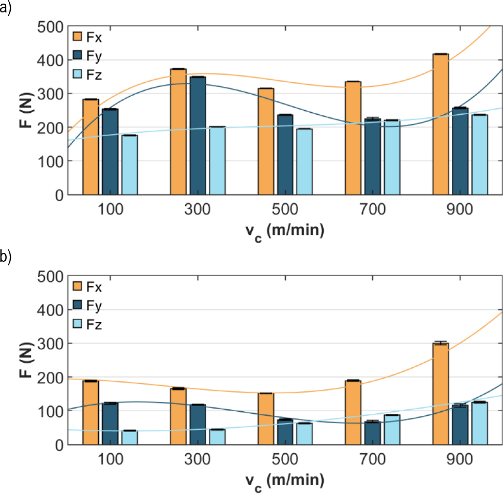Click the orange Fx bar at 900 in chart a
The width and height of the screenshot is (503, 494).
click(440, 124)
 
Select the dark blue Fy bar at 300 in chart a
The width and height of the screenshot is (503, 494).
click(198, 136)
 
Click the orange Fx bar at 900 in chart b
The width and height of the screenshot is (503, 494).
click(440, 394)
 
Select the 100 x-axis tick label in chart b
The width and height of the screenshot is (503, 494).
click(110, 459)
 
